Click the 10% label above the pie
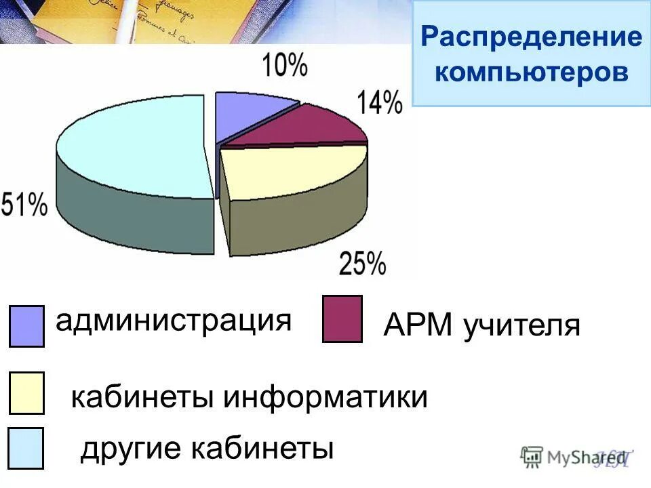(284, 66)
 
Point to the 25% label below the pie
(362, 262)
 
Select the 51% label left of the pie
(24, 204)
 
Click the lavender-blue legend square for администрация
(27, 325)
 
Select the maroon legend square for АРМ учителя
(342, 319)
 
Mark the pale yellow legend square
(26, 392)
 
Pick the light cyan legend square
(26, 448)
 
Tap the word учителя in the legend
(522, 326)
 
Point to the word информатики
(326, 397)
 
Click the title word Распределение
(531, 37)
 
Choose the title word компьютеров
(531, 71)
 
